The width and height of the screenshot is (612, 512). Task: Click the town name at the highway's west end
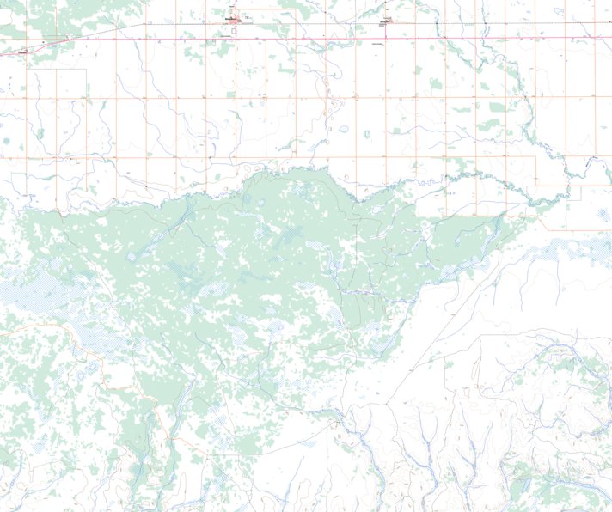point(23,51)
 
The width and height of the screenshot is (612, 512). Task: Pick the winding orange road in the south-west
point(95,361)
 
